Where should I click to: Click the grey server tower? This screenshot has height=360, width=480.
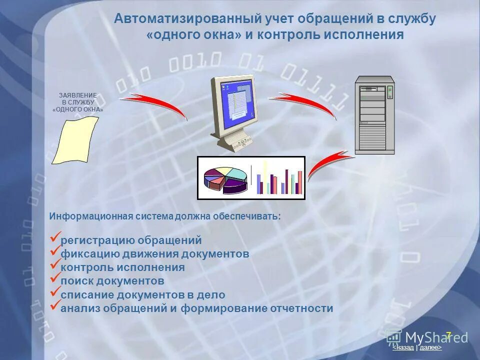(x=374, y=114)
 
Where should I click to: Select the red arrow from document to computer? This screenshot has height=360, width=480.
(x=155, y=104)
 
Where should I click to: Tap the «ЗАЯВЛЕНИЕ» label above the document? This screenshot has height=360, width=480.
(x=78, y=95)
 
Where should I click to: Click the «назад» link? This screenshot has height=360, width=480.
(x=404, y=347)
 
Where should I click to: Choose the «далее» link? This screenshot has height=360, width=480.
(x=430, y=347)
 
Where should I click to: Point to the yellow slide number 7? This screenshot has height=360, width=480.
(x=448, y=335)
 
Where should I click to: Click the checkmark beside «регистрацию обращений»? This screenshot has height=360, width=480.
(x=55, y=237)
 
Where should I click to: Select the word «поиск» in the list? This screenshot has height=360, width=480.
(x=76, y=281)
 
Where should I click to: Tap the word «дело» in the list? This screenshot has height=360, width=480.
(x=211, y=295)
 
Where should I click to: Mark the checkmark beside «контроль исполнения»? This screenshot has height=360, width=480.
(x=55, y=264)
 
